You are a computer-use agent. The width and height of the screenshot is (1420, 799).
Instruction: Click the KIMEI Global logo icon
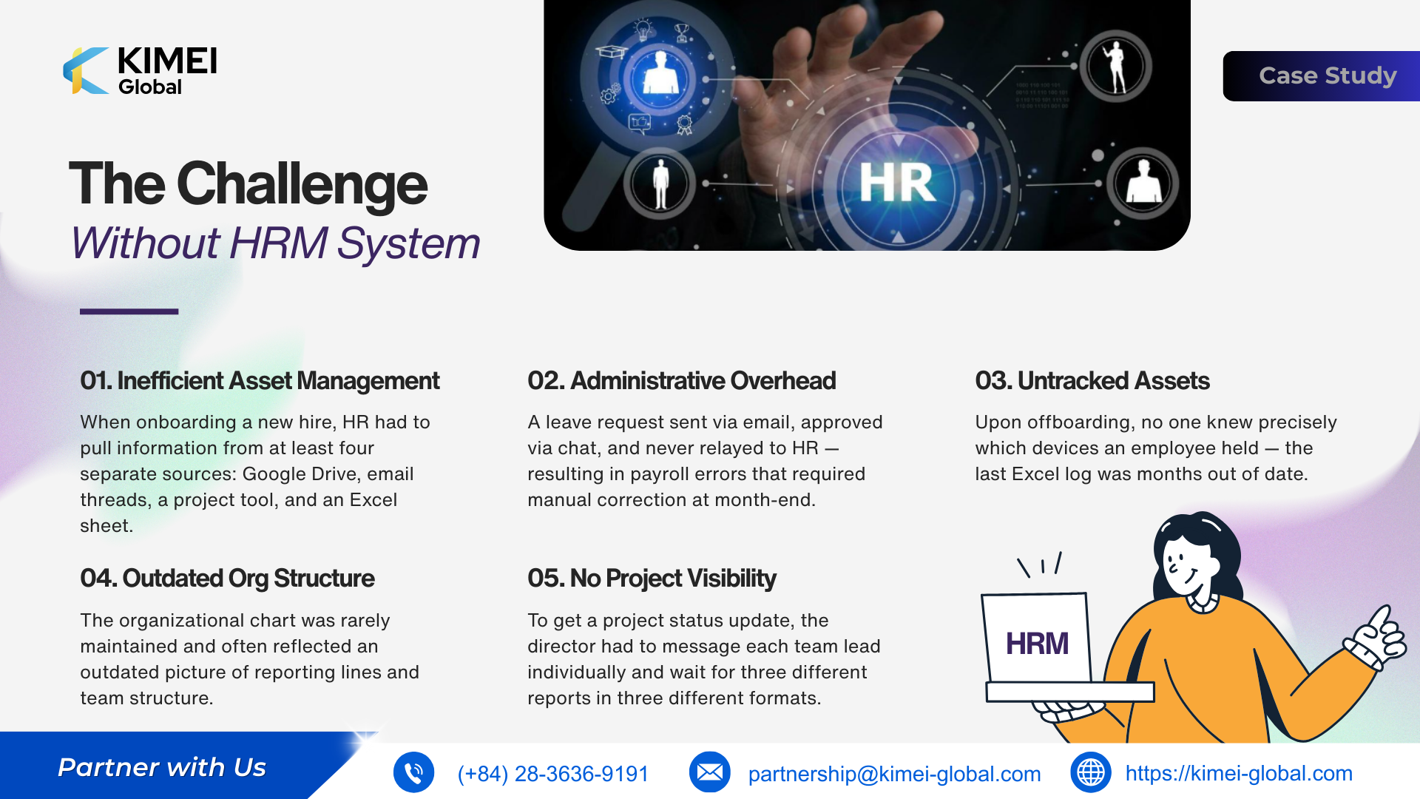(86, 71)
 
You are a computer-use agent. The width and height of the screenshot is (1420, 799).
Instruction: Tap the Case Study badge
(1322, 75)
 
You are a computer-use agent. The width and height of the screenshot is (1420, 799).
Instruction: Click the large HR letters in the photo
(897, 183)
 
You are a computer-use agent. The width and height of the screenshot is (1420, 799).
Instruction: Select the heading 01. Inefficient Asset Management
(260, 380)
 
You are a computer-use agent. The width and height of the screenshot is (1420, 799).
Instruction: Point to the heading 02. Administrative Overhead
(681, 380)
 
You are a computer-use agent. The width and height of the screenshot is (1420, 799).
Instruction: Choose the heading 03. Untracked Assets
(1092, 380)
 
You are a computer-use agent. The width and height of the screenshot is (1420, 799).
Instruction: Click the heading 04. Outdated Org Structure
(227, 578)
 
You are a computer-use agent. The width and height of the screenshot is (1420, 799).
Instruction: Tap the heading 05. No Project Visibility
(652, 578)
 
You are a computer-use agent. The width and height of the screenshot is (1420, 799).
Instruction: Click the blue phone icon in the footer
(413, 772)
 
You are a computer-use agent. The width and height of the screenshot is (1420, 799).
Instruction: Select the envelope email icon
(709, 772)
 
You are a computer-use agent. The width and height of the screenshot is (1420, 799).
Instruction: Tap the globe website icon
(1090, 772)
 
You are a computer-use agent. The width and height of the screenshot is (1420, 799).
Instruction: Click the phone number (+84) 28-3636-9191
(552, 774)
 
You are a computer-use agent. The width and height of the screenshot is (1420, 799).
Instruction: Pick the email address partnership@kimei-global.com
(894, 774)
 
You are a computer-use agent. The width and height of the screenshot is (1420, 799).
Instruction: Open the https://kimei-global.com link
(1239, 774)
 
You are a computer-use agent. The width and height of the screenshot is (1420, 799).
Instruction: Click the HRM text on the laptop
(1037, 644)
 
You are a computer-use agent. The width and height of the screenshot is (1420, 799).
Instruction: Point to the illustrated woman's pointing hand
(1376, 636)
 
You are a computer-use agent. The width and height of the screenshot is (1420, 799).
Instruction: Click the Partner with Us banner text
(162, 767)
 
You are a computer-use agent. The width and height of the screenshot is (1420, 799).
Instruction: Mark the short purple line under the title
(129, 311)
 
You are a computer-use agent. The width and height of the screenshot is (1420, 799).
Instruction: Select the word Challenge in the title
(302, 185)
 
